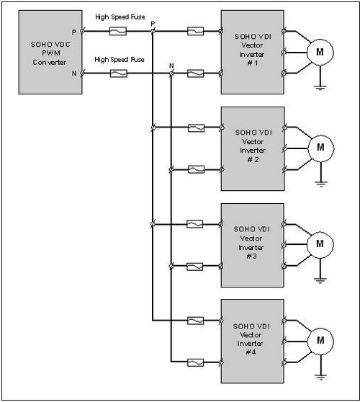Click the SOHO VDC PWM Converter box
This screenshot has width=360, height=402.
point(50,52)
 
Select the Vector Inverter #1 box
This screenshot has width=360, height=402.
point(253,52)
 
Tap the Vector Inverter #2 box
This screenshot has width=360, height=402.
point(253,148)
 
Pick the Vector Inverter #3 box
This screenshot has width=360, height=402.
point(253,246)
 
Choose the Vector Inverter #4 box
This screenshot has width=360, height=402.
point(253,341)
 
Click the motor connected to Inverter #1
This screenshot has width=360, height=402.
point(320,53)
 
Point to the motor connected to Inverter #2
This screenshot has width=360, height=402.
point(321,148)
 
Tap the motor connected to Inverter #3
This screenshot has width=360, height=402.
point(320,245)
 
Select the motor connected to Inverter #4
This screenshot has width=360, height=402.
point(320,341)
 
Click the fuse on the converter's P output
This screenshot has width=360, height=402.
point(118,31)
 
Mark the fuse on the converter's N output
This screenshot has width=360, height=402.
point(118,73)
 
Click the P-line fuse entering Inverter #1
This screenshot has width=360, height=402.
point(196,31)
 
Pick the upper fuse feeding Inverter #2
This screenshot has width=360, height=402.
point(196,128)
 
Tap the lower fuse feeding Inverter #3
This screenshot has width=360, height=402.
point(195,267)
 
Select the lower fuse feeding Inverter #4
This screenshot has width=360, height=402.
point(196,362)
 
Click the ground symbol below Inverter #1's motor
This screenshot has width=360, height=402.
point(320,88)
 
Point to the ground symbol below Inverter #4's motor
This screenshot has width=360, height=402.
point(320,377)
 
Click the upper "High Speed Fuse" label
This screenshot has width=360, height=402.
point(120,17)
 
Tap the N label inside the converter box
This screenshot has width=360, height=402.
point(74,73)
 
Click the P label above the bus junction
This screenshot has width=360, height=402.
point(153,24)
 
